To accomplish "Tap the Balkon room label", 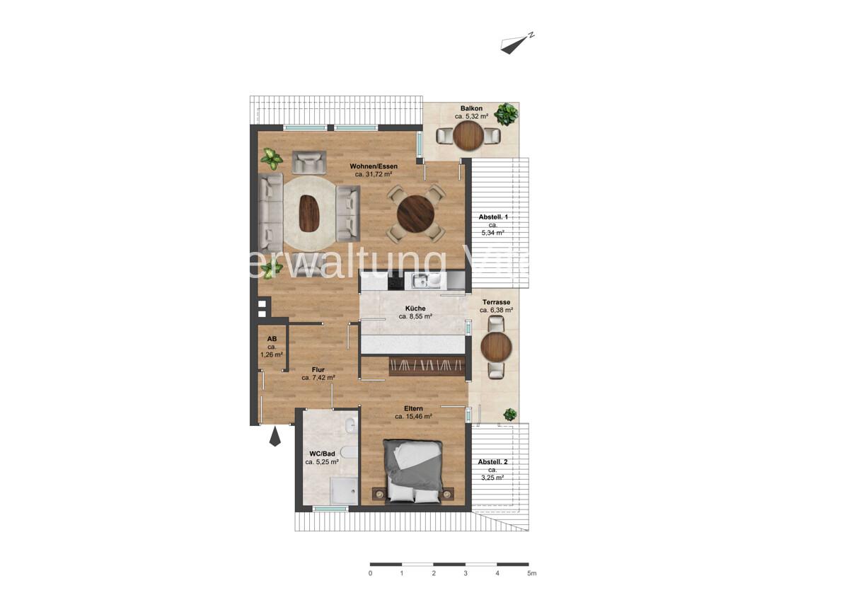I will (x=470, y=108).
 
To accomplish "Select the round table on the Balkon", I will (x=468, y=135).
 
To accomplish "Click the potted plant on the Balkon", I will (x=506, y=112).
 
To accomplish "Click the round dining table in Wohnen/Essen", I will (x=415, y=212).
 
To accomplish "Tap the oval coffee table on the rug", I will (x=310, y=211).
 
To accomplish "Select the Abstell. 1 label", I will (x=493, y=217).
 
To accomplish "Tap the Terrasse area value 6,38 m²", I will (x=496, y=310).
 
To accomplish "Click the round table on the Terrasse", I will (x=495, y=347).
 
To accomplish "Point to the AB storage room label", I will (x=272, y=339).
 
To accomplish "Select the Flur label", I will (x=318, y=369).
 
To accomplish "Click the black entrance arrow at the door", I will (x=275, y=439).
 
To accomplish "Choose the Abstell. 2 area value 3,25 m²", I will (x=492, y=478).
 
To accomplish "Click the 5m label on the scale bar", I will (x=531, y=573).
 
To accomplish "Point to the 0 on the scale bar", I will (x=370, y=573).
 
